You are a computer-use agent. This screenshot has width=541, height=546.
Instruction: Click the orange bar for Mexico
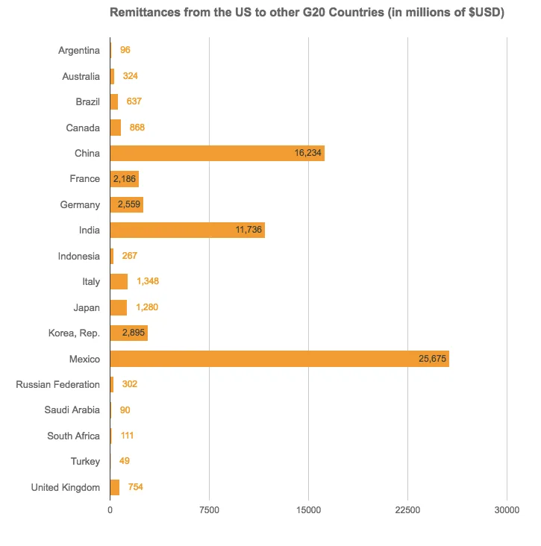(279, 359)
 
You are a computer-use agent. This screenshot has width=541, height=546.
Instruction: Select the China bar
(216, 153)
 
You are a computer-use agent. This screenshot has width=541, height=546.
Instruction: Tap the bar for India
(187, 230)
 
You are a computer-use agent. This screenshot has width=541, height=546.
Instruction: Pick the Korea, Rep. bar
(128, 333)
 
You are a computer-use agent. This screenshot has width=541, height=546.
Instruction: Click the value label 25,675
(432, 359)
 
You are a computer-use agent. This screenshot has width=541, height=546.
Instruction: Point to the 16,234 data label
(308, 153)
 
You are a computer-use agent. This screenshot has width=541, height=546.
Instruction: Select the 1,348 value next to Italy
(148, 281)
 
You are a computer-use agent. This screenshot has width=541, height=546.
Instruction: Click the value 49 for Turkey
(125, 461)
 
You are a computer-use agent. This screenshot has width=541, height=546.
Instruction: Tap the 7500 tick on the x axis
(209, 510)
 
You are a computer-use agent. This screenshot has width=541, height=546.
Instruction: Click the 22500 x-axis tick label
(407, 510)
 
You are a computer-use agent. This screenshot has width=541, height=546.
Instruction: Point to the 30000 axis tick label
(507, 510)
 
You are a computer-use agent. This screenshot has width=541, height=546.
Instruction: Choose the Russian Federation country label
(57, 384)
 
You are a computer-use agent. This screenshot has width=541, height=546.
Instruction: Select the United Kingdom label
(65, 487)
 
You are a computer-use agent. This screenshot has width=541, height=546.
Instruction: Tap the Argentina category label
(78, 50)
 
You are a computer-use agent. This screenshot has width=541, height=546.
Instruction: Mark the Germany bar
(126, 204)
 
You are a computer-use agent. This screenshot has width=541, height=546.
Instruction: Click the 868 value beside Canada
(137, 128)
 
